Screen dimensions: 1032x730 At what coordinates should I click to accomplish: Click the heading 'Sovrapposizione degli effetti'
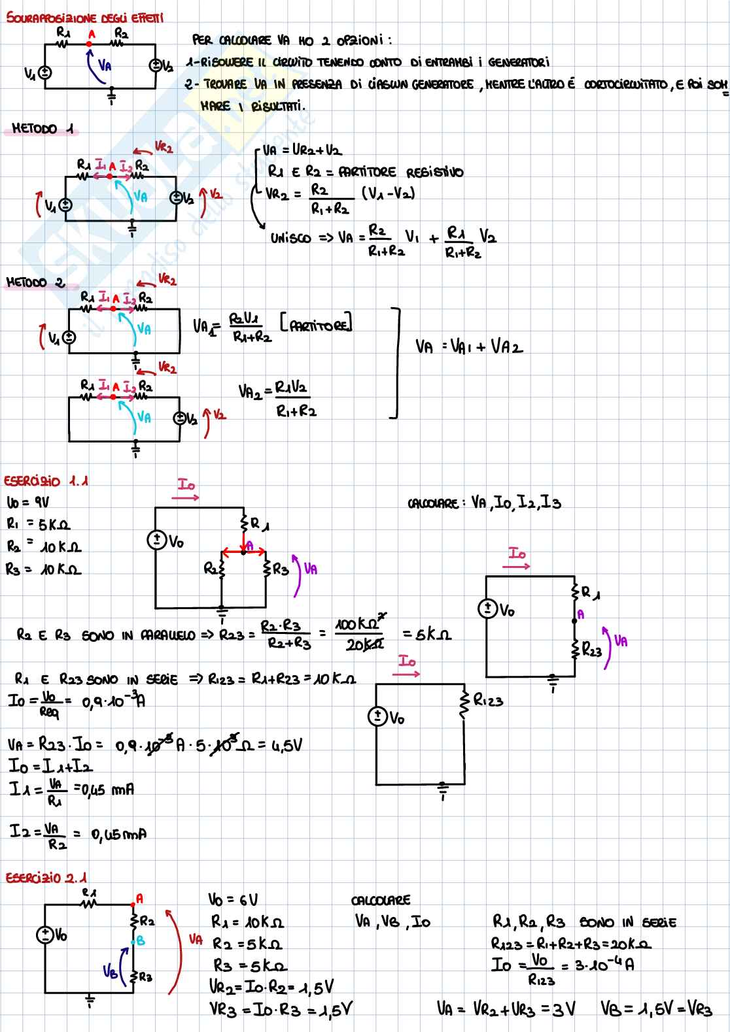[84, 18]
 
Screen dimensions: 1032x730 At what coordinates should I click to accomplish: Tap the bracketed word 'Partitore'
[316, 323]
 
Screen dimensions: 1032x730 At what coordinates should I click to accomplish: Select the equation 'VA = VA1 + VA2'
[469, 346]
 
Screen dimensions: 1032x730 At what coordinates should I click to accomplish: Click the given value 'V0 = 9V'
[27, 503]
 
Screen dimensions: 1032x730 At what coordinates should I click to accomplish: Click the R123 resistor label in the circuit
[488, 701]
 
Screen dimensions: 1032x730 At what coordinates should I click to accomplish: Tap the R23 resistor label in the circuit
[591, 651]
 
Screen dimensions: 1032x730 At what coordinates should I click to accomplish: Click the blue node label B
[139, 941]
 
